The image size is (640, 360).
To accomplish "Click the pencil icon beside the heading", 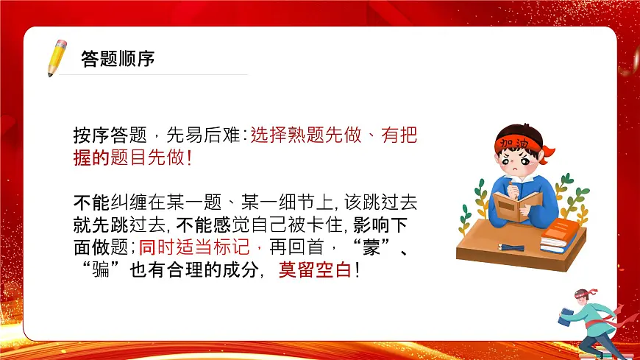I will pyautogui.click(x=56, y=57).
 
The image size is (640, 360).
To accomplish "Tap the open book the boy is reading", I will pyautogui.click(x=516, y=206).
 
